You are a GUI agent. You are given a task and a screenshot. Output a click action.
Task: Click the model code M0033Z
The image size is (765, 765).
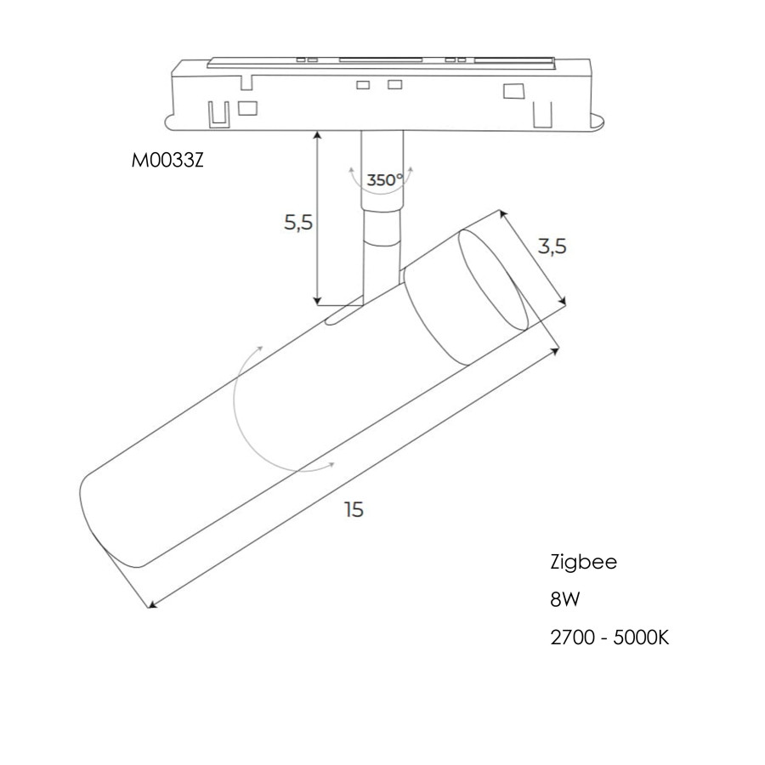(x=167, y=161)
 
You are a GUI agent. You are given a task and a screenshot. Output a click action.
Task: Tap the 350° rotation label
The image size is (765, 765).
(x=385, y=180)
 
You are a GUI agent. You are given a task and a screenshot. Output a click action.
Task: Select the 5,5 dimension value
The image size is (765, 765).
(x=298, y=223)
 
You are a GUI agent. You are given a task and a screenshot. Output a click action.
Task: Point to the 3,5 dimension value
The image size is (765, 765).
(x=552, y=246)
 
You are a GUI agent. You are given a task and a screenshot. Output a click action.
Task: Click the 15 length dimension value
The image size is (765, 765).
(x=354, y=509)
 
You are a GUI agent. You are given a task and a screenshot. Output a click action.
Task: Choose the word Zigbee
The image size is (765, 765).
(x=583, y=562)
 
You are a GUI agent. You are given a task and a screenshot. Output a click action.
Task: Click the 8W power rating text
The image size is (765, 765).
(x=565, y=599)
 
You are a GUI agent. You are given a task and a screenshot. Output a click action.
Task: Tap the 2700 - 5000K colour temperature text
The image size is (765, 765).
(x=609, y=637)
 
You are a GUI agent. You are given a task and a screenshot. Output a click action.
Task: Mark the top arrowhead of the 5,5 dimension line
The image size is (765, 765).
(x=318, y=135)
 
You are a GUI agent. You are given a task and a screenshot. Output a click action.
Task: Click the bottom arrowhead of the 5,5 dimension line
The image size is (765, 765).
(x=318, y=301)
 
